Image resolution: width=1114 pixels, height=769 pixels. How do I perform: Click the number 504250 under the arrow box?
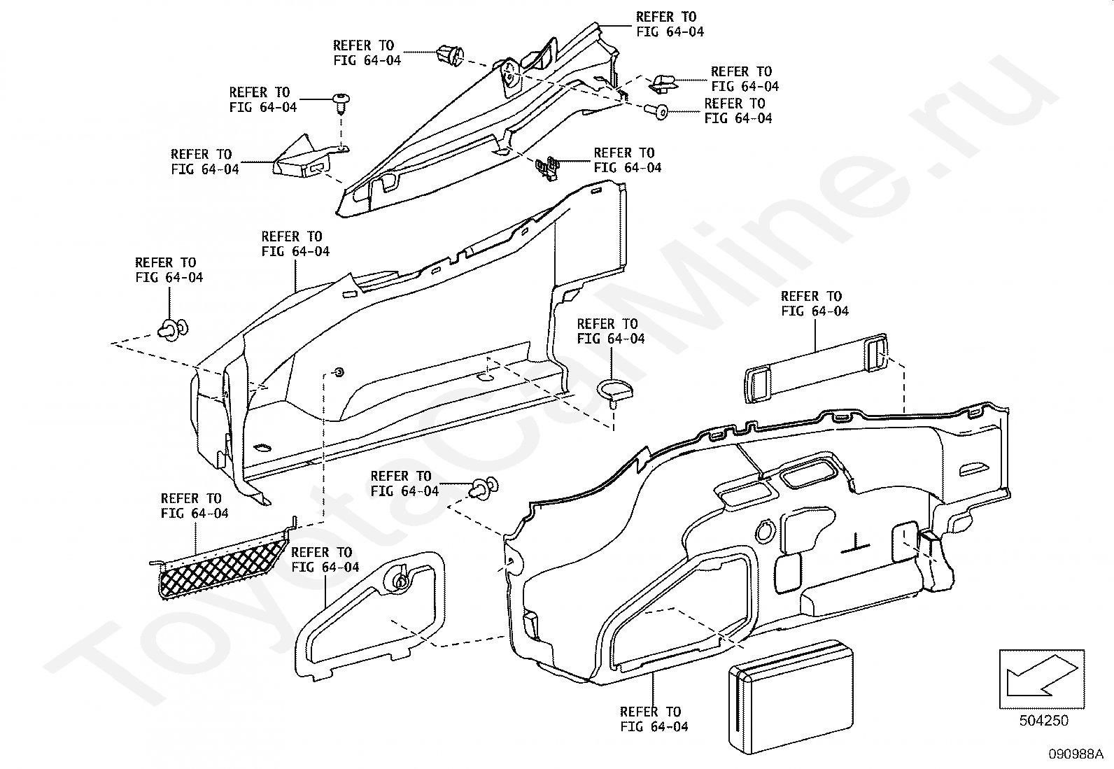coord(1043,721)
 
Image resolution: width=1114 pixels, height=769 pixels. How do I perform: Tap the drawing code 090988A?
coord(1076,754)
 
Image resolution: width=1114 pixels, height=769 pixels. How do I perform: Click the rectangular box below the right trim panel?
coord(791,696)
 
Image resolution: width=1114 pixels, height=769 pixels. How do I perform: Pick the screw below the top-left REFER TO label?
coord(341,104)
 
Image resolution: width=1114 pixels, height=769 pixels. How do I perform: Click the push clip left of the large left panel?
coord(173,330)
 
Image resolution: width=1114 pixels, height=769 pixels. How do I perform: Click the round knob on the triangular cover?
coord(399,579)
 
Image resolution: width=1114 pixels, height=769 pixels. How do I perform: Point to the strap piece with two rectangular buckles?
coord(816,367)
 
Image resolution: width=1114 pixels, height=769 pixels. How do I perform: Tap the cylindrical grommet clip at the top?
coord(451,55)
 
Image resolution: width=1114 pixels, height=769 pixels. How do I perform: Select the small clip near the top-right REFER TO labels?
coord(663,83)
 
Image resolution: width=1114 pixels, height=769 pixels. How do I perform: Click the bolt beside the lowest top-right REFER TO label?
coord(656,111)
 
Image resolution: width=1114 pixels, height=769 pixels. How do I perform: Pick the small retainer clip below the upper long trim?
coord(547,167)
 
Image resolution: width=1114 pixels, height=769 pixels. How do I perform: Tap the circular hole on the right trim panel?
coord(764,531)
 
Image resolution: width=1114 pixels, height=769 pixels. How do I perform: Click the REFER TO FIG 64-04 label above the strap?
coord(815,304)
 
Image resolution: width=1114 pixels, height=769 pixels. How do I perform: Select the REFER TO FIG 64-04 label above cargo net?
coord(195,505)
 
